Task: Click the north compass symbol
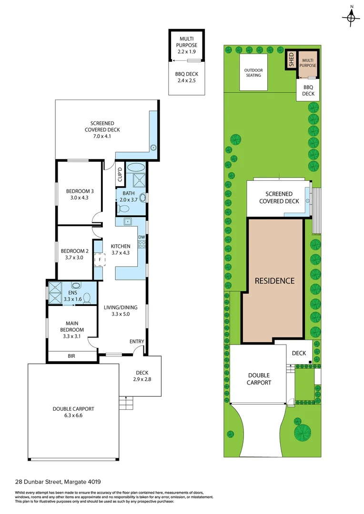[x=351, y=17]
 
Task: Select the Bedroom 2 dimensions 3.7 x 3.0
[x=74, y=257]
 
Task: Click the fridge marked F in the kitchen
[x=100, y=260]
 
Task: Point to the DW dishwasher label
[x=141, y=237]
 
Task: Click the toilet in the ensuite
[x=87, y=298]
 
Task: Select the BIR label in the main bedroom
[x=71, y=356]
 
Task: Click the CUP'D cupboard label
[x=121, y=174]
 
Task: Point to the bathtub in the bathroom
[x=136, y=168]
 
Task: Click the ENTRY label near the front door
[x=136, y=342]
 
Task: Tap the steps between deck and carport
[x=125, y=404]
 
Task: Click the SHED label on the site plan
[x=291, y=60]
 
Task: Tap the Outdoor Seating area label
[x=253, y=72]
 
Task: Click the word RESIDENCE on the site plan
[x=274, y=281]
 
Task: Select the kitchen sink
[x=128, y=222]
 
